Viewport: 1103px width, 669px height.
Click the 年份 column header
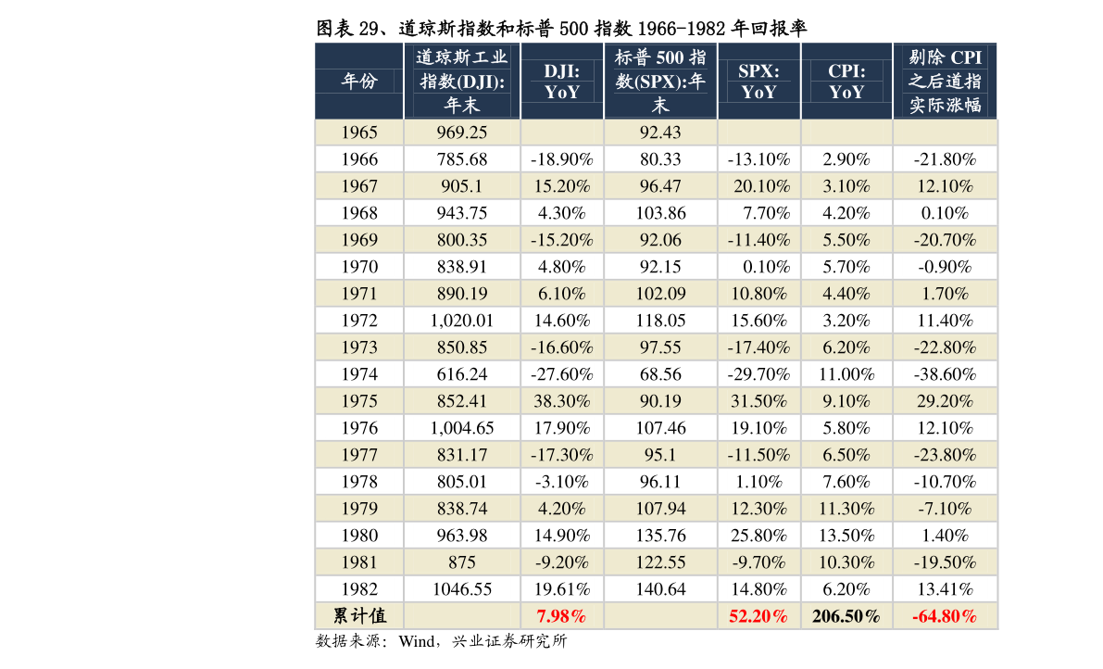[x=359, y=81]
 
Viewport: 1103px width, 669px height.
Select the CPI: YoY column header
[x=846, y=81]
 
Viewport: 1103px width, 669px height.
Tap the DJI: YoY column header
[x=561, y=81]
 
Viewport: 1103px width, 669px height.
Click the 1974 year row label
[x=359, y=374]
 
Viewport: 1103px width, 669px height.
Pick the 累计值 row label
[x=359, y=616]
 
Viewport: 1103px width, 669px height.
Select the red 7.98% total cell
[x=561, y=616]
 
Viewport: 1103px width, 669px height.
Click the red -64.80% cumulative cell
[x=945, y=616]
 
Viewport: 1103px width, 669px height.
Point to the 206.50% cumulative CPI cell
[x=846, y=616]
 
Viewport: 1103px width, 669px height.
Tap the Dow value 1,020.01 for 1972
[x=461, y=321]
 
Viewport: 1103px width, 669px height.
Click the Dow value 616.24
[x=461, y=374]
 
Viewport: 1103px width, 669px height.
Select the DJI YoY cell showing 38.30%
[x=561, y=401]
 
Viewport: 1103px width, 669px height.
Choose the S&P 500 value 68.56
[x=659, y=374]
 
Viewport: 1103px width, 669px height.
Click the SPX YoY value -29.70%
[x=758, y=374]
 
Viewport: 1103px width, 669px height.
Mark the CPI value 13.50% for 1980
[x=846, y=536]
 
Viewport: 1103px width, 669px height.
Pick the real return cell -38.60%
[x=945, y=374]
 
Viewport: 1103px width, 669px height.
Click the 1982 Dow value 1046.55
[x=461, y=589]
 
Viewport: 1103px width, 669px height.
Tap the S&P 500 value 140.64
[x=659, y=589]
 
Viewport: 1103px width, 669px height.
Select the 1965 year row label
[x=359, y=133]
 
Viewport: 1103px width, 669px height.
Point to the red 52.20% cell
[x=758, y=616]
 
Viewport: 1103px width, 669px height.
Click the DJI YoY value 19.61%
[x=561, y=589]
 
